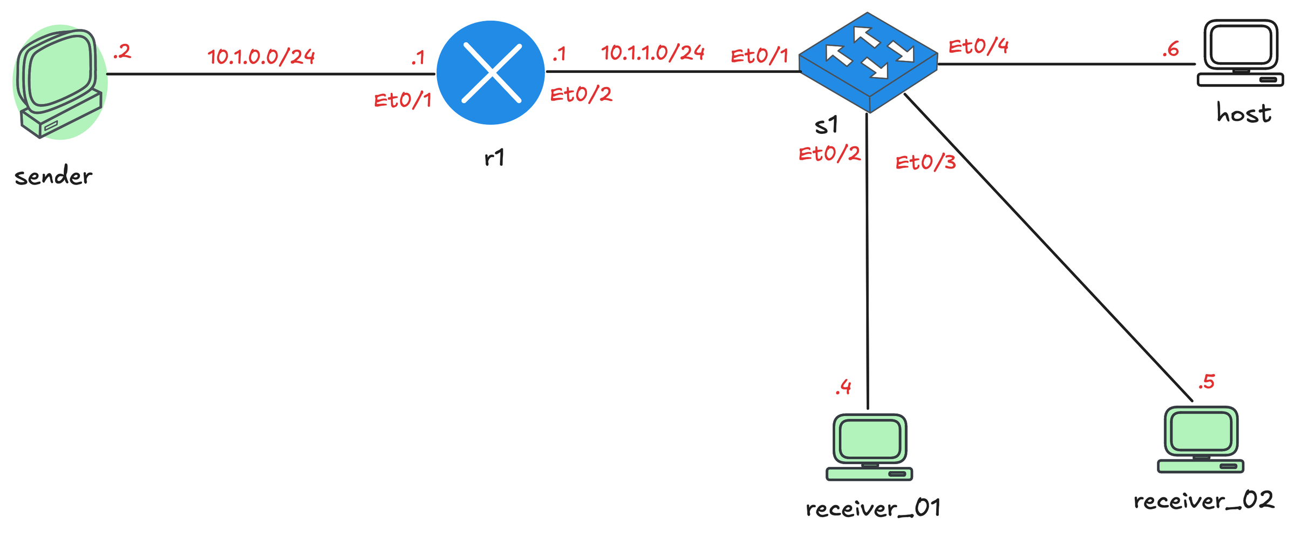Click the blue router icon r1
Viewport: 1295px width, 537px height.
(x=490, y=73)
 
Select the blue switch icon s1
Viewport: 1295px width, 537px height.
(x=868, y=62)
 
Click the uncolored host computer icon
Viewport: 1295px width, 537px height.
(x=1240, y=53)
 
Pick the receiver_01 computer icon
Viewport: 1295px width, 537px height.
(x=869, y=447)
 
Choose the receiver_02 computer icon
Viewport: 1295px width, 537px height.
(x=1201, y=439)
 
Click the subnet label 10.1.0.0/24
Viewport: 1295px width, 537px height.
(x=261, y=57)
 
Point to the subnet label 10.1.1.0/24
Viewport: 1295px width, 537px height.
(x=653, y=53)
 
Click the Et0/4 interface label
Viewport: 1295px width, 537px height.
(x=978, y=47)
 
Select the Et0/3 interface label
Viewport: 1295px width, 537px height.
(x=925, y=162)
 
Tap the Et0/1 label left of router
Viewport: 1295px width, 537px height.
(x=403, y=100)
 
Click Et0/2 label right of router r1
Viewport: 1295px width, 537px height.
(x=581, y=95)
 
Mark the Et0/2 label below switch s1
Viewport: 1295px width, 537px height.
(x=829, y=154)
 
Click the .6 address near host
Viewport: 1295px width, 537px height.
(x=1170, y=50)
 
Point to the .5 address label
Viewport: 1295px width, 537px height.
(x=1206, y=382)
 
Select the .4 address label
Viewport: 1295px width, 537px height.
(x=843, y=387)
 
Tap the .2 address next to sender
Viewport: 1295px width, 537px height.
(x=122, y=52)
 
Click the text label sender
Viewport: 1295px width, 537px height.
(x=53, y=176)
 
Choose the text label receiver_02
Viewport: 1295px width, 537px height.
(x=1204, y=501)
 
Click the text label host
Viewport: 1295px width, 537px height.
(x=1244, y=114)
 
